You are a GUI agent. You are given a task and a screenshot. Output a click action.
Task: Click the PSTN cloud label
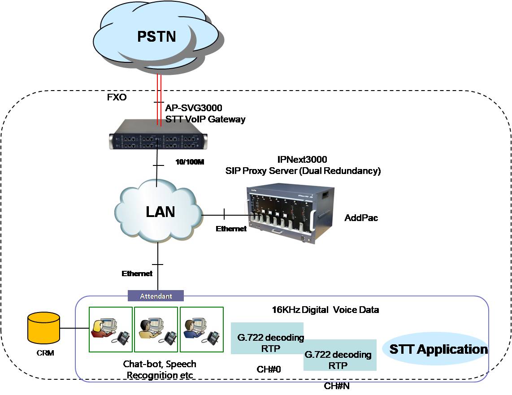pos(156,36)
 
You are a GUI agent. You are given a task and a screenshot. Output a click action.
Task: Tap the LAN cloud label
pos(160,211)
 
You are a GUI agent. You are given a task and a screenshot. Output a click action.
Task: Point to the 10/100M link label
pos(188,162)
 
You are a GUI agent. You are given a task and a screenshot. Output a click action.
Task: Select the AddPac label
pos(361,218)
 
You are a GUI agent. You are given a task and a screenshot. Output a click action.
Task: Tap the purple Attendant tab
pos(156,296)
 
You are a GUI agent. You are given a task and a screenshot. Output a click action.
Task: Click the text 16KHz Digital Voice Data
pos(325,309)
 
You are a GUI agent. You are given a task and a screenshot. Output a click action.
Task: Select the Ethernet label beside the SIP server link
pos(231,229)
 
